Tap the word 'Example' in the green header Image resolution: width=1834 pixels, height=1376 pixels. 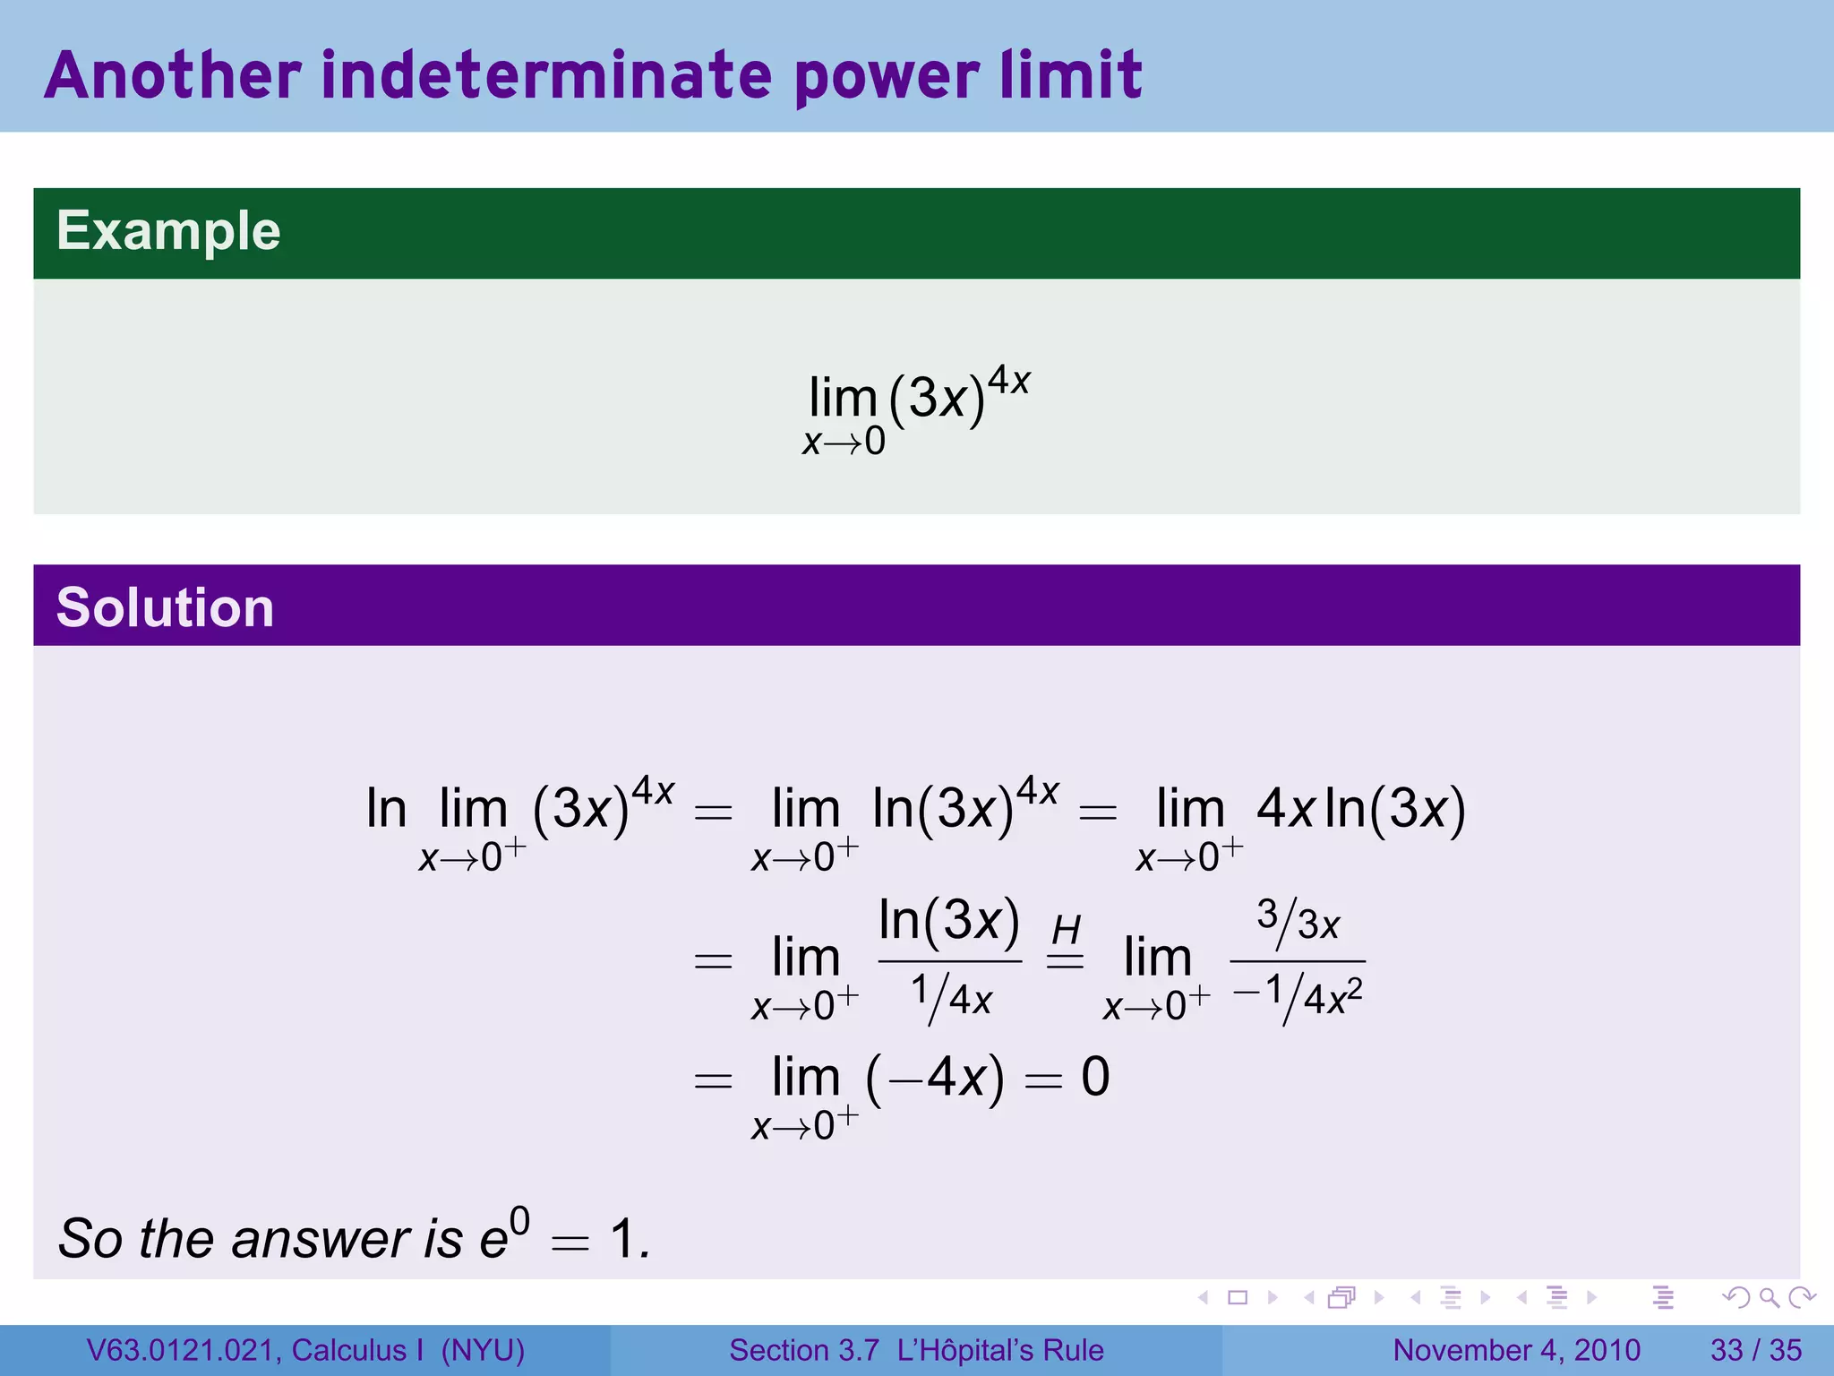tap(168, 231)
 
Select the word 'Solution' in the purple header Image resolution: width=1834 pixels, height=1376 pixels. tap(165, 607)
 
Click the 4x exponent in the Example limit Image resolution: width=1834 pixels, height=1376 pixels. tap(1008, 381)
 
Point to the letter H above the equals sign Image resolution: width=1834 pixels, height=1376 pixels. tap(1066, 930)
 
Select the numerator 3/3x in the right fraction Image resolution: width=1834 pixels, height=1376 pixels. tap(1298, 920)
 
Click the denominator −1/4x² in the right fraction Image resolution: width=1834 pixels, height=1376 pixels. tap(1298, 997)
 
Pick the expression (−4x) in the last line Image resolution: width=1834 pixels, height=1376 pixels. tap(934, 1078)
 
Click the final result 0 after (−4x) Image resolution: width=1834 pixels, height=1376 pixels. tap(1095, 1077)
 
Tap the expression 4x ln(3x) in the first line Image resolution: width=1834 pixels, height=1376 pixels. tap(1360, 808)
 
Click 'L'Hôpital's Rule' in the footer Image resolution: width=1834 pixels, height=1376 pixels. tap(1000, 1350)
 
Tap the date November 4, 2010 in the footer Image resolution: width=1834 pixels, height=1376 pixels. tap(1516, 1350)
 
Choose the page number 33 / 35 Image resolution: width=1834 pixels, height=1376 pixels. tap(1755, 1350)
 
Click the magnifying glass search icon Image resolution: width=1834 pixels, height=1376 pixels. tap(1769, 1297)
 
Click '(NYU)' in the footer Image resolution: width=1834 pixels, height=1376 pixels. tap(483, 1350)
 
